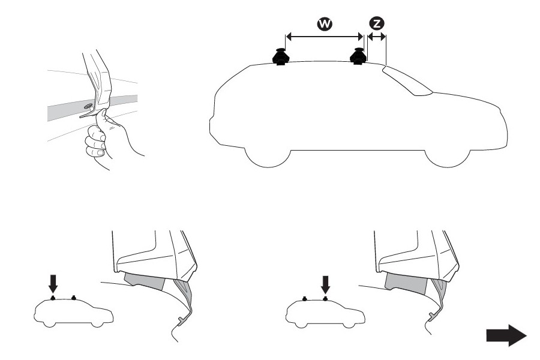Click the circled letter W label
pyautogui.click(x=325, y=24)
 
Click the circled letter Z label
pyautogui.click(x=377, y=24)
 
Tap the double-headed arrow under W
pyautogui.click(x=325, y=37)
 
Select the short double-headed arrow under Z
pyautogui.click(x=377, y=37)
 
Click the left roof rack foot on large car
pyautogui.click(x=281, y=57)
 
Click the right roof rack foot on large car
pyautogui.click(x=359, y=56)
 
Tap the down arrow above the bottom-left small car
pyautogui.click(x=53, y=283)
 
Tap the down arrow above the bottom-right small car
pyautogui.click(x=325, y=283)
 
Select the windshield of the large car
pyautogui.click(x=406, y=80)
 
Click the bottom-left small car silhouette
pyautogui.click(x=74, y=313)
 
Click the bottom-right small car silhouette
pyautogui.click(x=325, y=313)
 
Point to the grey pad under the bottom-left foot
pyautogui.click(x=145, y=280)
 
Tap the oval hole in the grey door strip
pyautogui.click(x=88, y=106)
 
